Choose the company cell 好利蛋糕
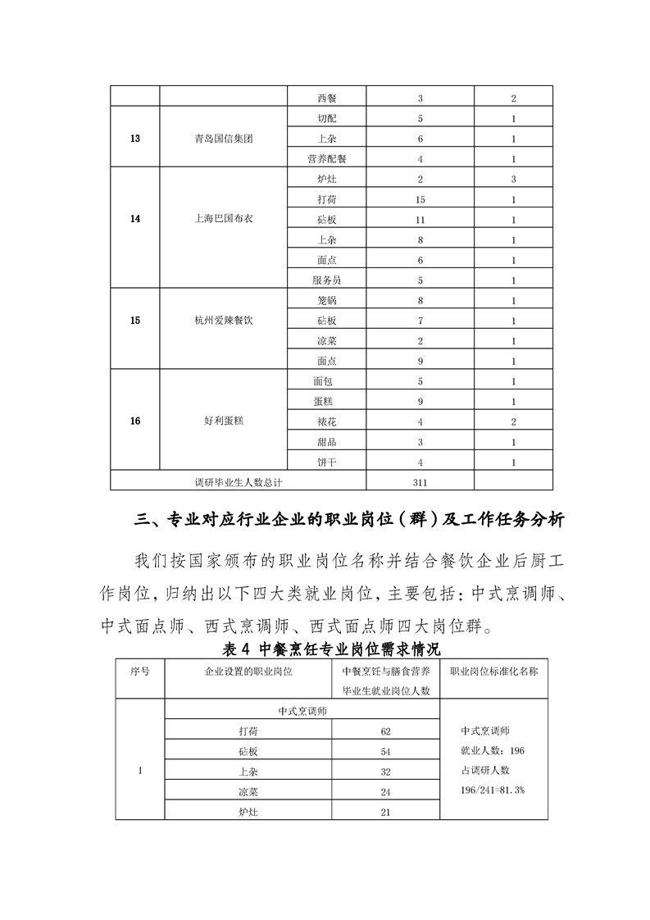click(224, 421)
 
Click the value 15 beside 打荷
click(420, 199)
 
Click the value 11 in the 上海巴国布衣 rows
click(420, 220)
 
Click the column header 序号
click(140, 671)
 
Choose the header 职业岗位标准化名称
click(493, 671)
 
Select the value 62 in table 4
click(386, 731)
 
